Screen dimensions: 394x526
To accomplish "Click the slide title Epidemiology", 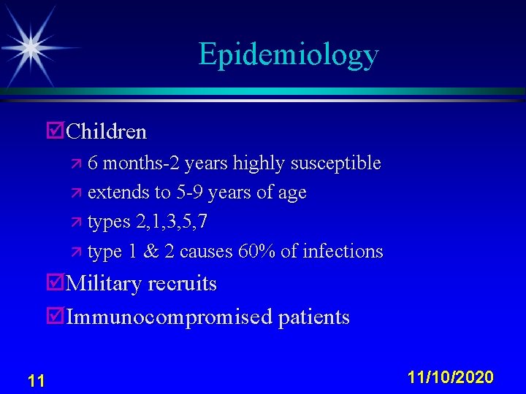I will (288, 55).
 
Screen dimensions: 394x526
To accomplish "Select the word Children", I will (107, 132).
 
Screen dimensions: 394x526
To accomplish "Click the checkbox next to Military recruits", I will (54, 283).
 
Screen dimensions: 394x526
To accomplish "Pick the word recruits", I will (183, 283).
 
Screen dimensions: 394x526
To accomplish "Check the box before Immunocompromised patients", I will (54, 317).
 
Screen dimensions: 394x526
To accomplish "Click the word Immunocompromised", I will (168, 317).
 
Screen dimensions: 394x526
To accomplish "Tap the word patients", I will (313, 317).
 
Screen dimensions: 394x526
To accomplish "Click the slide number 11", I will (35, 380).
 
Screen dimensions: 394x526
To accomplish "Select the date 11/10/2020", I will (451, 377).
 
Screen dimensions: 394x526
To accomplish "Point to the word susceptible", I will (335, 163).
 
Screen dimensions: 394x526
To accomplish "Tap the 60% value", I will (256, 252).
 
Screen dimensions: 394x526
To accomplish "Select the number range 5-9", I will (191, 193).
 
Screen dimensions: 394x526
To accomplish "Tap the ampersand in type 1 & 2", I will (151, 252).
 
